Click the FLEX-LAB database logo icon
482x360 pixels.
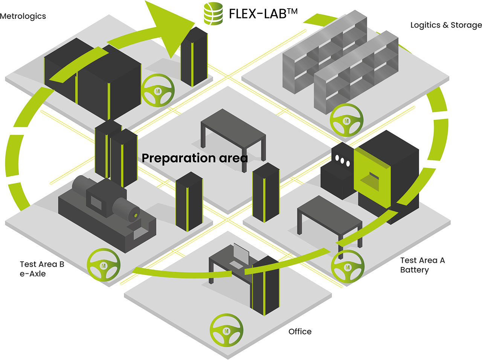coord(213,14)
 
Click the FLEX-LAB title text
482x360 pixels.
coord(263,14)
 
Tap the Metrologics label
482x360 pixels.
coord(23,16)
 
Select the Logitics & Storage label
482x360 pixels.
coord(446,25)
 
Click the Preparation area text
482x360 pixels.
coord(195,158)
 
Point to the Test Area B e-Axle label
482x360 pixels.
coord(42,269)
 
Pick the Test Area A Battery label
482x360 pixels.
coord(422,265)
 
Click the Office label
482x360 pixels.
coord(300,331)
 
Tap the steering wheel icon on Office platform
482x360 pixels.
coord(226,330)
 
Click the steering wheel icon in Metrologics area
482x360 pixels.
coord(158,90)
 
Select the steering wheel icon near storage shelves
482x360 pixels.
coord(346,120)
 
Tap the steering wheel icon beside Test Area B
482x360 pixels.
coord(104,265)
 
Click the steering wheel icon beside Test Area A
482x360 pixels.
coord(347,266)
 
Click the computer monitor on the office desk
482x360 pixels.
coord(241,254)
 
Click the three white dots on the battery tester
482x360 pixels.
coord(342,160)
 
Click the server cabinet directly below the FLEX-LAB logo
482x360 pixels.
coord(194,56)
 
